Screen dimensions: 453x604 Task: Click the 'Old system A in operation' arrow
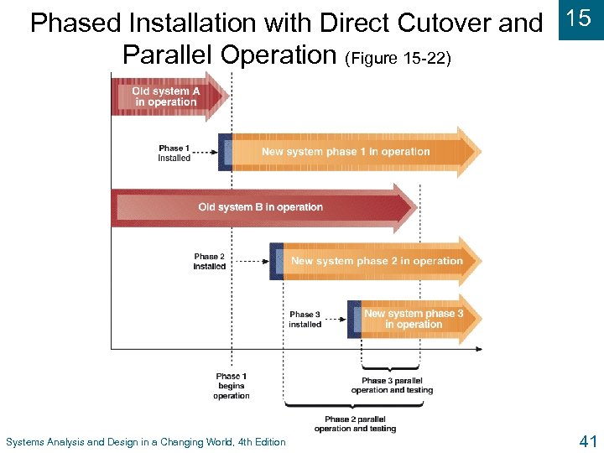pyautogui.click(x=166, y=96)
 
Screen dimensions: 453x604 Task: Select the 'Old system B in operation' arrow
pyautogui.click(x=260, y=206)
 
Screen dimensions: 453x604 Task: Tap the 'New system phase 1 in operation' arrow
pyautogui.click(x=346, y=152)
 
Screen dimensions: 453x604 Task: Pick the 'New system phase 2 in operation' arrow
pyautogui.click(x=377, y=261)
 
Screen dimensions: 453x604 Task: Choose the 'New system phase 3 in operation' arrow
pyautogui.click(x=414, y=319)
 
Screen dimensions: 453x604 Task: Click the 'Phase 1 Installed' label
pyautogui.click(x=174, y=153)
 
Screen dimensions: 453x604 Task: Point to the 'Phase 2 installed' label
pyautogui.click(x=210, y=261)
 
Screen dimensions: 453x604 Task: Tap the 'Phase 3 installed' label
pyautogui.click(x=305, y=319)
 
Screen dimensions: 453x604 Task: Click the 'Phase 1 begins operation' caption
pyautogui.click(x=232, y=386)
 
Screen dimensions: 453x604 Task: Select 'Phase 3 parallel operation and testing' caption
pyautogui.click(x=392, y=385)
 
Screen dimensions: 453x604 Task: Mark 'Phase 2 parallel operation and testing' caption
pyautogui.click(x=355, y=424)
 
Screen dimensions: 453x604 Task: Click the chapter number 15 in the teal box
pyautogui.click(x=580, y=19)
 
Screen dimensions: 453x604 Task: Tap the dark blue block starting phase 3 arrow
pyautogui.click(x=354, y=319)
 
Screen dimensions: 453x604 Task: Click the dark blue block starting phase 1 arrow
pyautogui.click(x=225, y=152)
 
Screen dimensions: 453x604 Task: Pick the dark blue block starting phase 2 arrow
pyautogui.click(x=276, y=261)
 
